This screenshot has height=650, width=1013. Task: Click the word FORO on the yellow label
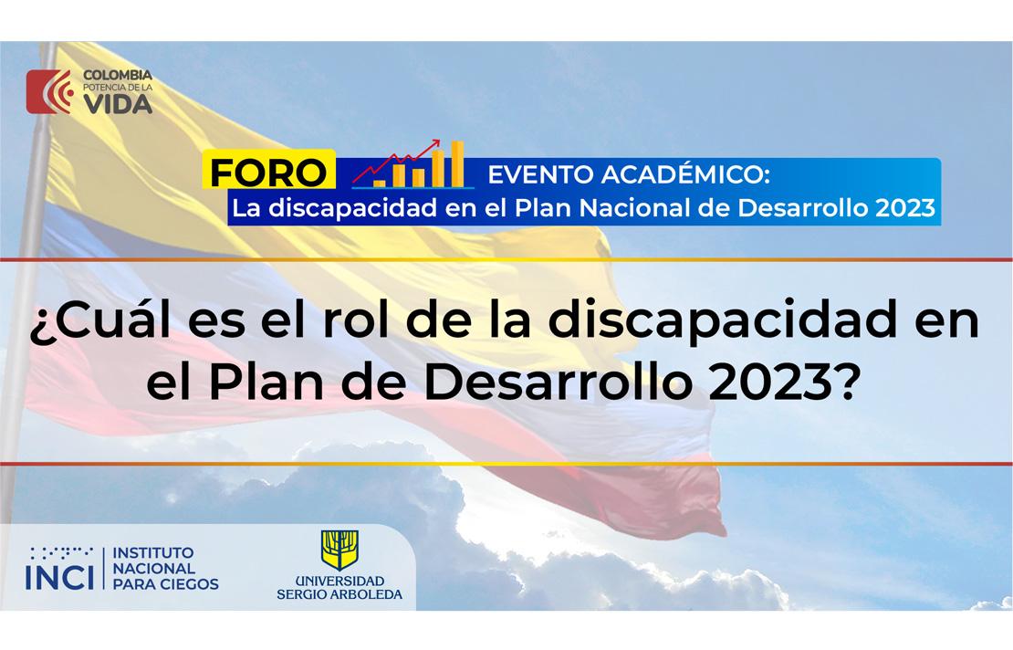click(x=267, y=172)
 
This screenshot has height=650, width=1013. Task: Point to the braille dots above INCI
click(x=60, y=552)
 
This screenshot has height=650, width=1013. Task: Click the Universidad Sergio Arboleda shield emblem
click(x=339, y=550)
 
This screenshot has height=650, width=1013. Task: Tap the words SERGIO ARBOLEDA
click(x=339, y=594)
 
